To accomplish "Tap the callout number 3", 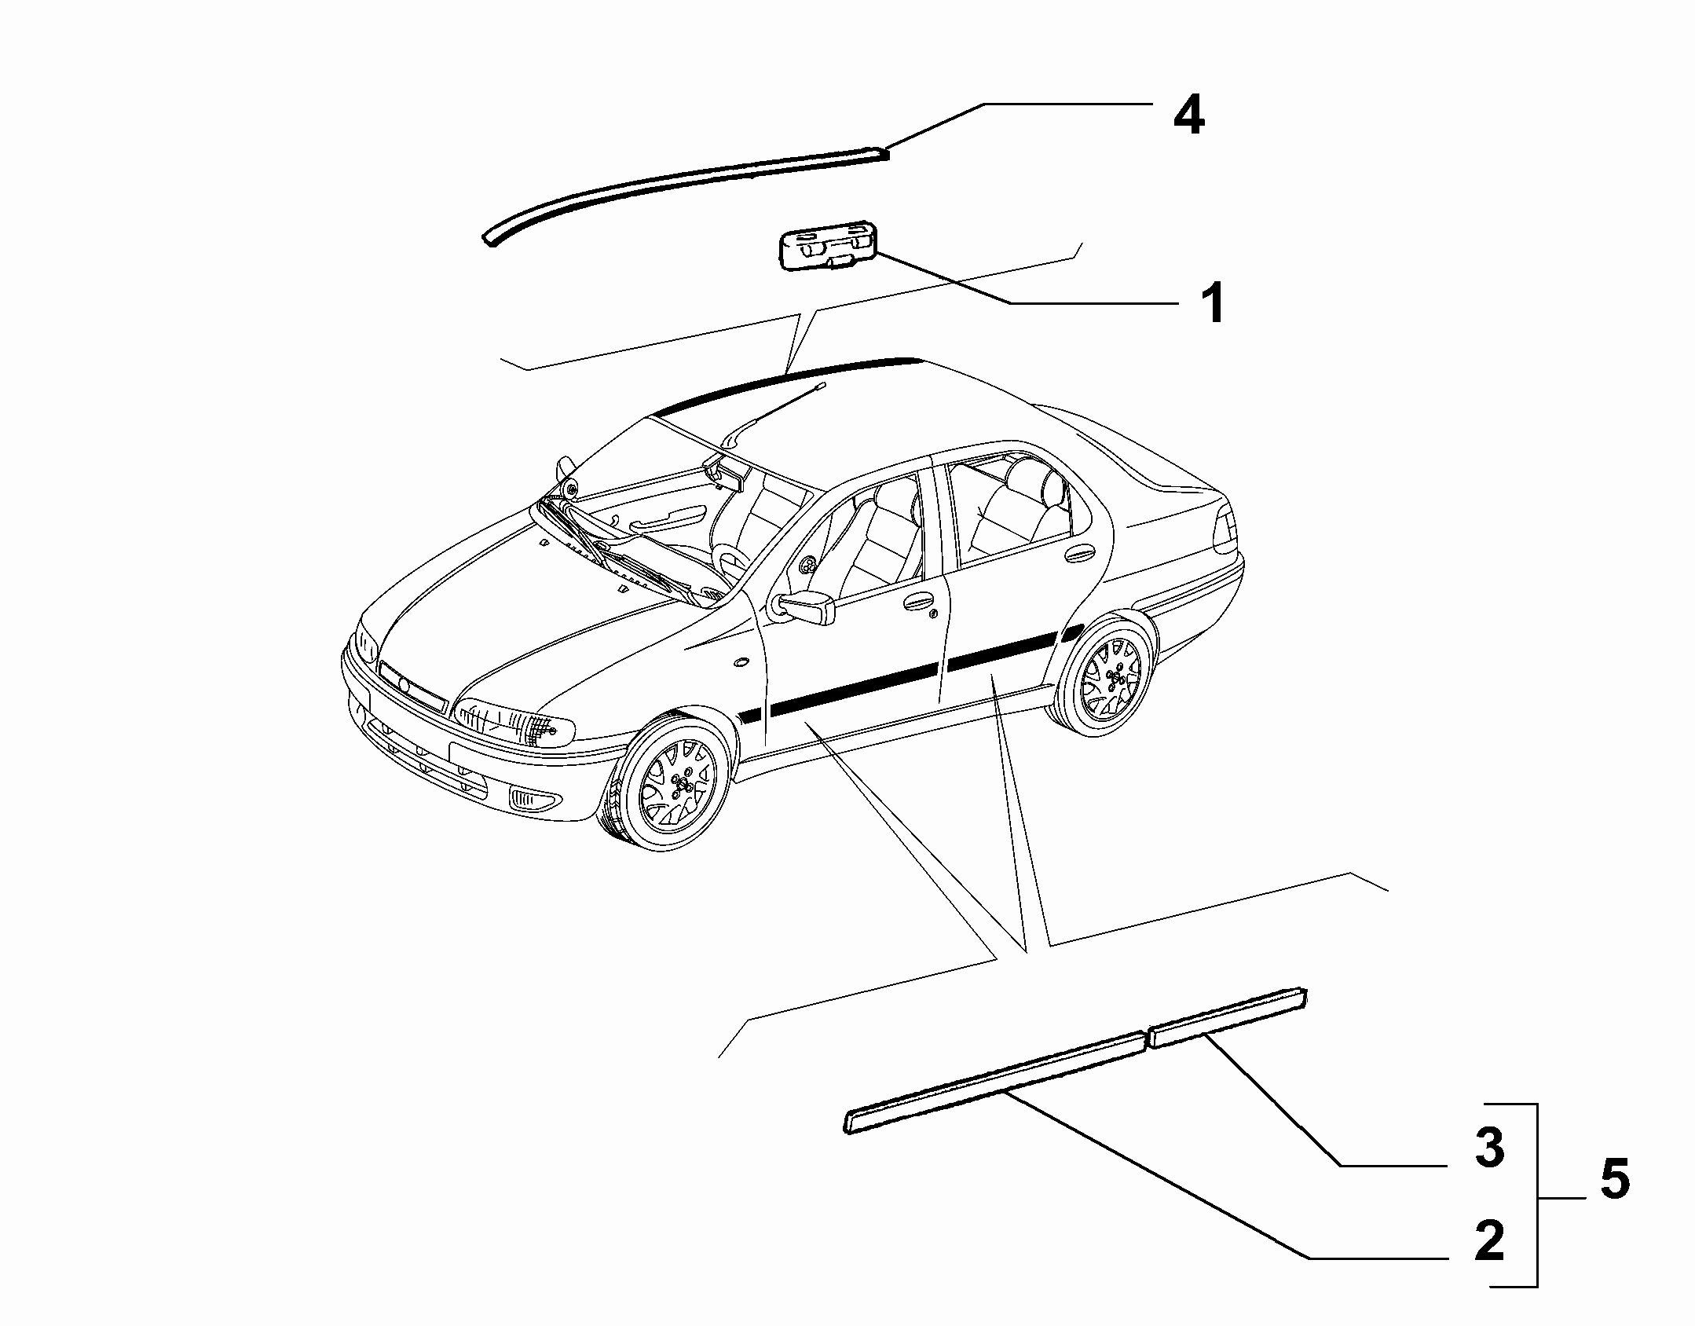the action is pos(1488,1148).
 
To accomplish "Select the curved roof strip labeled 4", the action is pos(683,192).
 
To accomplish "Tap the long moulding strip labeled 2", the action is pos(994,1083).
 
